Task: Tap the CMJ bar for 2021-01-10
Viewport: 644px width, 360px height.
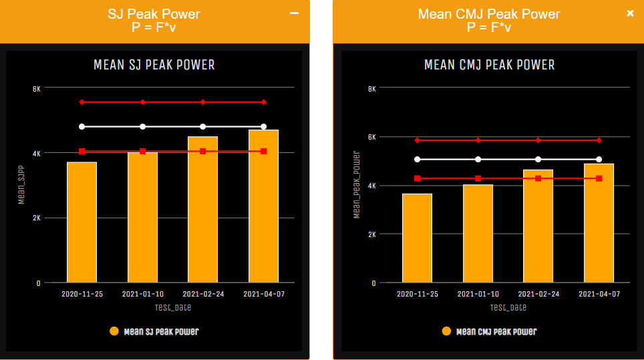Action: [478, 233]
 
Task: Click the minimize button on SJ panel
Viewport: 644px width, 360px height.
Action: [295, 13]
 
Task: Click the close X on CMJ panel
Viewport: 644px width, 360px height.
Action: [630, 13]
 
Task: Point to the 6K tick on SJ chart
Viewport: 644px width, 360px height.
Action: [37, 88]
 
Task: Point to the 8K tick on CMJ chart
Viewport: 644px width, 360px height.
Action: [372, 88]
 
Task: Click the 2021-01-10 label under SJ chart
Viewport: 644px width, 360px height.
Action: [142, 294]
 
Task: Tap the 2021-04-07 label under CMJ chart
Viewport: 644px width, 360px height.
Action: [599, 294]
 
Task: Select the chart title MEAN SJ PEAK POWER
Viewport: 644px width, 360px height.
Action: [154, 65]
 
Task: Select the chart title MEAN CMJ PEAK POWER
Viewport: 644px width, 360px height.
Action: [490, 65]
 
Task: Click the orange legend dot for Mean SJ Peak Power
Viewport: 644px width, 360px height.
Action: [114, 331]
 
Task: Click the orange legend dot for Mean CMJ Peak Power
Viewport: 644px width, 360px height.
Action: [447, 331]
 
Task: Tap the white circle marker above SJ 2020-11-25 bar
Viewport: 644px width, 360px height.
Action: [82, 126]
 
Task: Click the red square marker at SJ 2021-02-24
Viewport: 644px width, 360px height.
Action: [203, 152]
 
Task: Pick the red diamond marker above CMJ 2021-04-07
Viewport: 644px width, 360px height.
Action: [599, 140]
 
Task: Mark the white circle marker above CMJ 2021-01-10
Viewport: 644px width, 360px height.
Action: [478, 159]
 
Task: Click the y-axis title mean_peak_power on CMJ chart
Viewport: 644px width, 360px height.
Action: [357, 185]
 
